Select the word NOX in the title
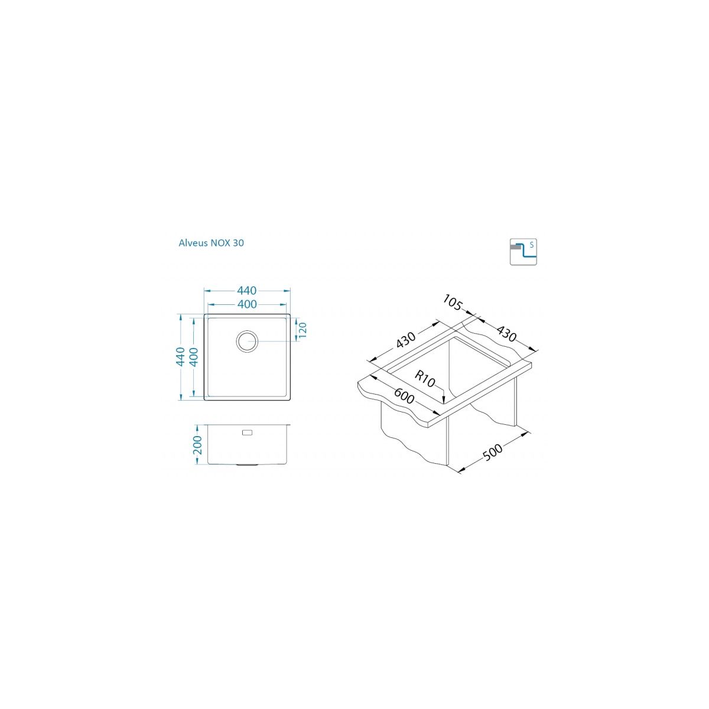click(220, 243)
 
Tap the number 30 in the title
click(238, 243)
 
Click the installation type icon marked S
click(523, 252)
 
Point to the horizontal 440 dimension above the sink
click(246, 291)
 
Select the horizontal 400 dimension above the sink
click(247, 304)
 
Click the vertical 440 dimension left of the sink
click(180, 356)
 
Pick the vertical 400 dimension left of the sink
click(194, 356)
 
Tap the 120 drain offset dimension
click(302, 330)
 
